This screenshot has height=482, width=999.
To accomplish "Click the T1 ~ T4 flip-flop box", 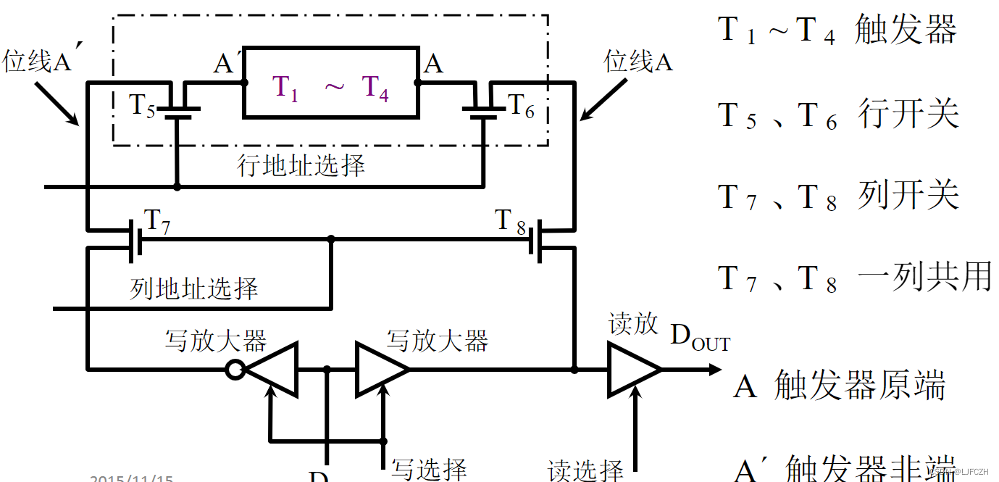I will [331, 83].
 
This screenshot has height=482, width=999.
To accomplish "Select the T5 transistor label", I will [142, 106].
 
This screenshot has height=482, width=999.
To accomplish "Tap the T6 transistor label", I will [522, 107].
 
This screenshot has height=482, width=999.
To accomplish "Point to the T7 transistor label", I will [158, 222].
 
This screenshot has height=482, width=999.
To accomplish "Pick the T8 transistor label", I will [510, 221].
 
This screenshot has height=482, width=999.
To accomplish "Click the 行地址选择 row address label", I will [301, 165].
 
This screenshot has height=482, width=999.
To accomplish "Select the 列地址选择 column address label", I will [193, 289].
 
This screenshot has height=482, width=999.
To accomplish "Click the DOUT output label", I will [700, 337].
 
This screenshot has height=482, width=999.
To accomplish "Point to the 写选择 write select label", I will [429, 468].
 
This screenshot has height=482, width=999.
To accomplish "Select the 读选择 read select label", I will [585, 470].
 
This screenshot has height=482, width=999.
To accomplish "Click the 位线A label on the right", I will [638, 63].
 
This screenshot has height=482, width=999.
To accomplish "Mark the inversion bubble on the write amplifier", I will [234, 370].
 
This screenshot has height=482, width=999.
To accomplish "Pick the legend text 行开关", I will [908, 115].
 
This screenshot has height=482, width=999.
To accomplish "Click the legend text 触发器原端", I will [859, 386].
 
